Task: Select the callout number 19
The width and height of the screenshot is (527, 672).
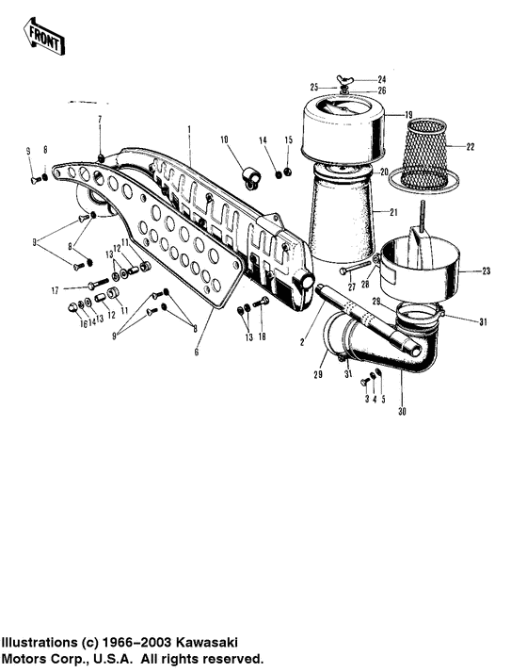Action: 409,115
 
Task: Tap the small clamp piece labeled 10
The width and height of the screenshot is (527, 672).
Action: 249,175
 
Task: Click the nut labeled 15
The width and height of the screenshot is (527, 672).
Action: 288,171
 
